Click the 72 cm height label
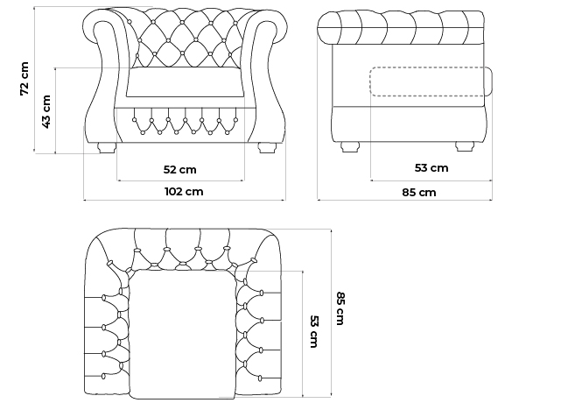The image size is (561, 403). pyautogui.click(x=25, y=79)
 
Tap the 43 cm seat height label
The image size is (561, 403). pyautogui.click(x=46, y=111)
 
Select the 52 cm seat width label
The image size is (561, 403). pyautogui.click(x=180, y=169)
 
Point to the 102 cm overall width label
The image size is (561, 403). pyautogui.click(x=184, y=192)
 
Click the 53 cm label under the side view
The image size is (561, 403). pyautogui.click(x=431, y=167)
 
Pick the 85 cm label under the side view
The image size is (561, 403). pyautogui.click(x=419, y=193)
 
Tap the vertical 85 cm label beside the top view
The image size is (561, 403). pyautogui.click(x=340, y=308)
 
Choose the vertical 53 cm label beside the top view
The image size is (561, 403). pyautogui.click(x=314, y=331)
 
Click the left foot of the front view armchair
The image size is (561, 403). pyautogui.click(x=107, y=148)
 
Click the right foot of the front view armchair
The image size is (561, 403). pyautogui.click(x=267, y=148)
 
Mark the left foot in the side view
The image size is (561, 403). pyautogui.click(x=350, y=146)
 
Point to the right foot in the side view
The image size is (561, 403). pyautogui.click(x=465, y=146)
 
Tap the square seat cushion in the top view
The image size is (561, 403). pyautogui.click(x=182, y=334)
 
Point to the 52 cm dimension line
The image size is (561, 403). pyautogui.click(x=180, y=180)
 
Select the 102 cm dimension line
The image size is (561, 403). pyautogui.click(x=185, y=200)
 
